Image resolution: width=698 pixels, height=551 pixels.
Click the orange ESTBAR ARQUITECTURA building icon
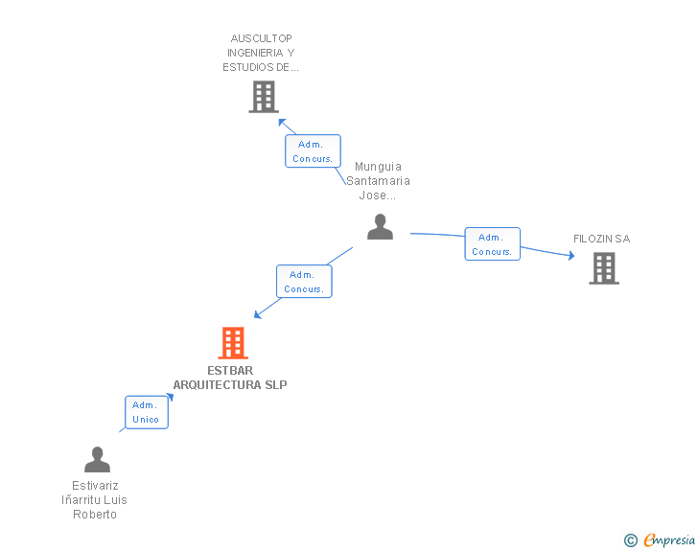(x=233, y=343)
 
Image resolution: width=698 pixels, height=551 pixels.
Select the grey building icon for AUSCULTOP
(x=264, y=97)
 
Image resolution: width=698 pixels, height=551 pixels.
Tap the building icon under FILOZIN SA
(x=604, y=268)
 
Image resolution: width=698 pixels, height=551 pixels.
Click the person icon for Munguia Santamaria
(x=380, y=226)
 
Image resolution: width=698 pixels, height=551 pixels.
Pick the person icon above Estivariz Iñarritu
(x=97, y=459)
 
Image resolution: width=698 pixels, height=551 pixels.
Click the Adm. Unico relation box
(x=147, y=412)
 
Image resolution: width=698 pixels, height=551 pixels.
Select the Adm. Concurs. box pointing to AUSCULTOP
(x=313, y=150)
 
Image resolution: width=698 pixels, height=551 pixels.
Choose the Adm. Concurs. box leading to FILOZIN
(x=493, y=244)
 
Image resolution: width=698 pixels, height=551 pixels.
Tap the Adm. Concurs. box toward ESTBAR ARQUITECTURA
(x=304, y=282)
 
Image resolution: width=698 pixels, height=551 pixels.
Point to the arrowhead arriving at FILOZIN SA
(x=571, y=256)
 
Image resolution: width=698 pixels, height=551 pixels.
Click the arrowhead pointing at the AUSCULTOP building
(x=282, y=122)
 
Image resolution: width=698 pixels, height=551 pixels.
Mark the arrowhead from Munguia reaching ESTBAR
(x=257, y=314)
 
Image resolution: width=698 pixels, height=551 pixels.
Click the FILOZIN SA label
(x=602, y=239)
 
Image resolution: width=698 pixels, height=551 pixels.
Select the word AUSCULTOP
(x=262, y=38)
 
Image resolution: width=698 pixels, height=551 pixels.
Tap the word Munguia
(x=378, y=167)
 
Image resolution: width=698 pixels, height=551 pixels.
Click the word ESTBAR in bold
(x=230, y=371)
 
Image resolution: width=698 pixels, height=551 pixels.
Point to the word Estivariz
(x=95, y=486)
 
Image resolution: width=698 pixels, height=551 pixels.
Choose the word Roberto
(x=95, y=515)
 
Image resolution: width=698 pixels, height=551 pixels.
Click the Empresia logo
(x=669, y=540)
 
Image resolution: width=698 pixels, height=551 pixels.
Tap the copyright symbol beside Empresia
(x=631, y=540)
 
